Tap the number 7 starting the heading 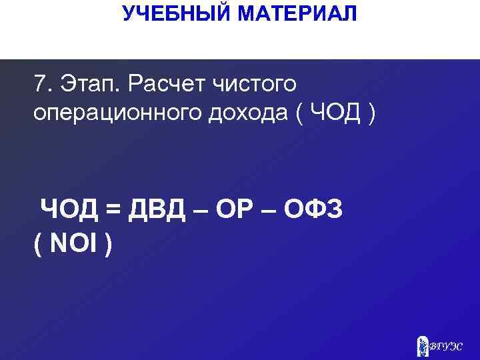(x=40, y=85)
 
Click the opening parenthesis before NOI (x=37, y=243)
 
